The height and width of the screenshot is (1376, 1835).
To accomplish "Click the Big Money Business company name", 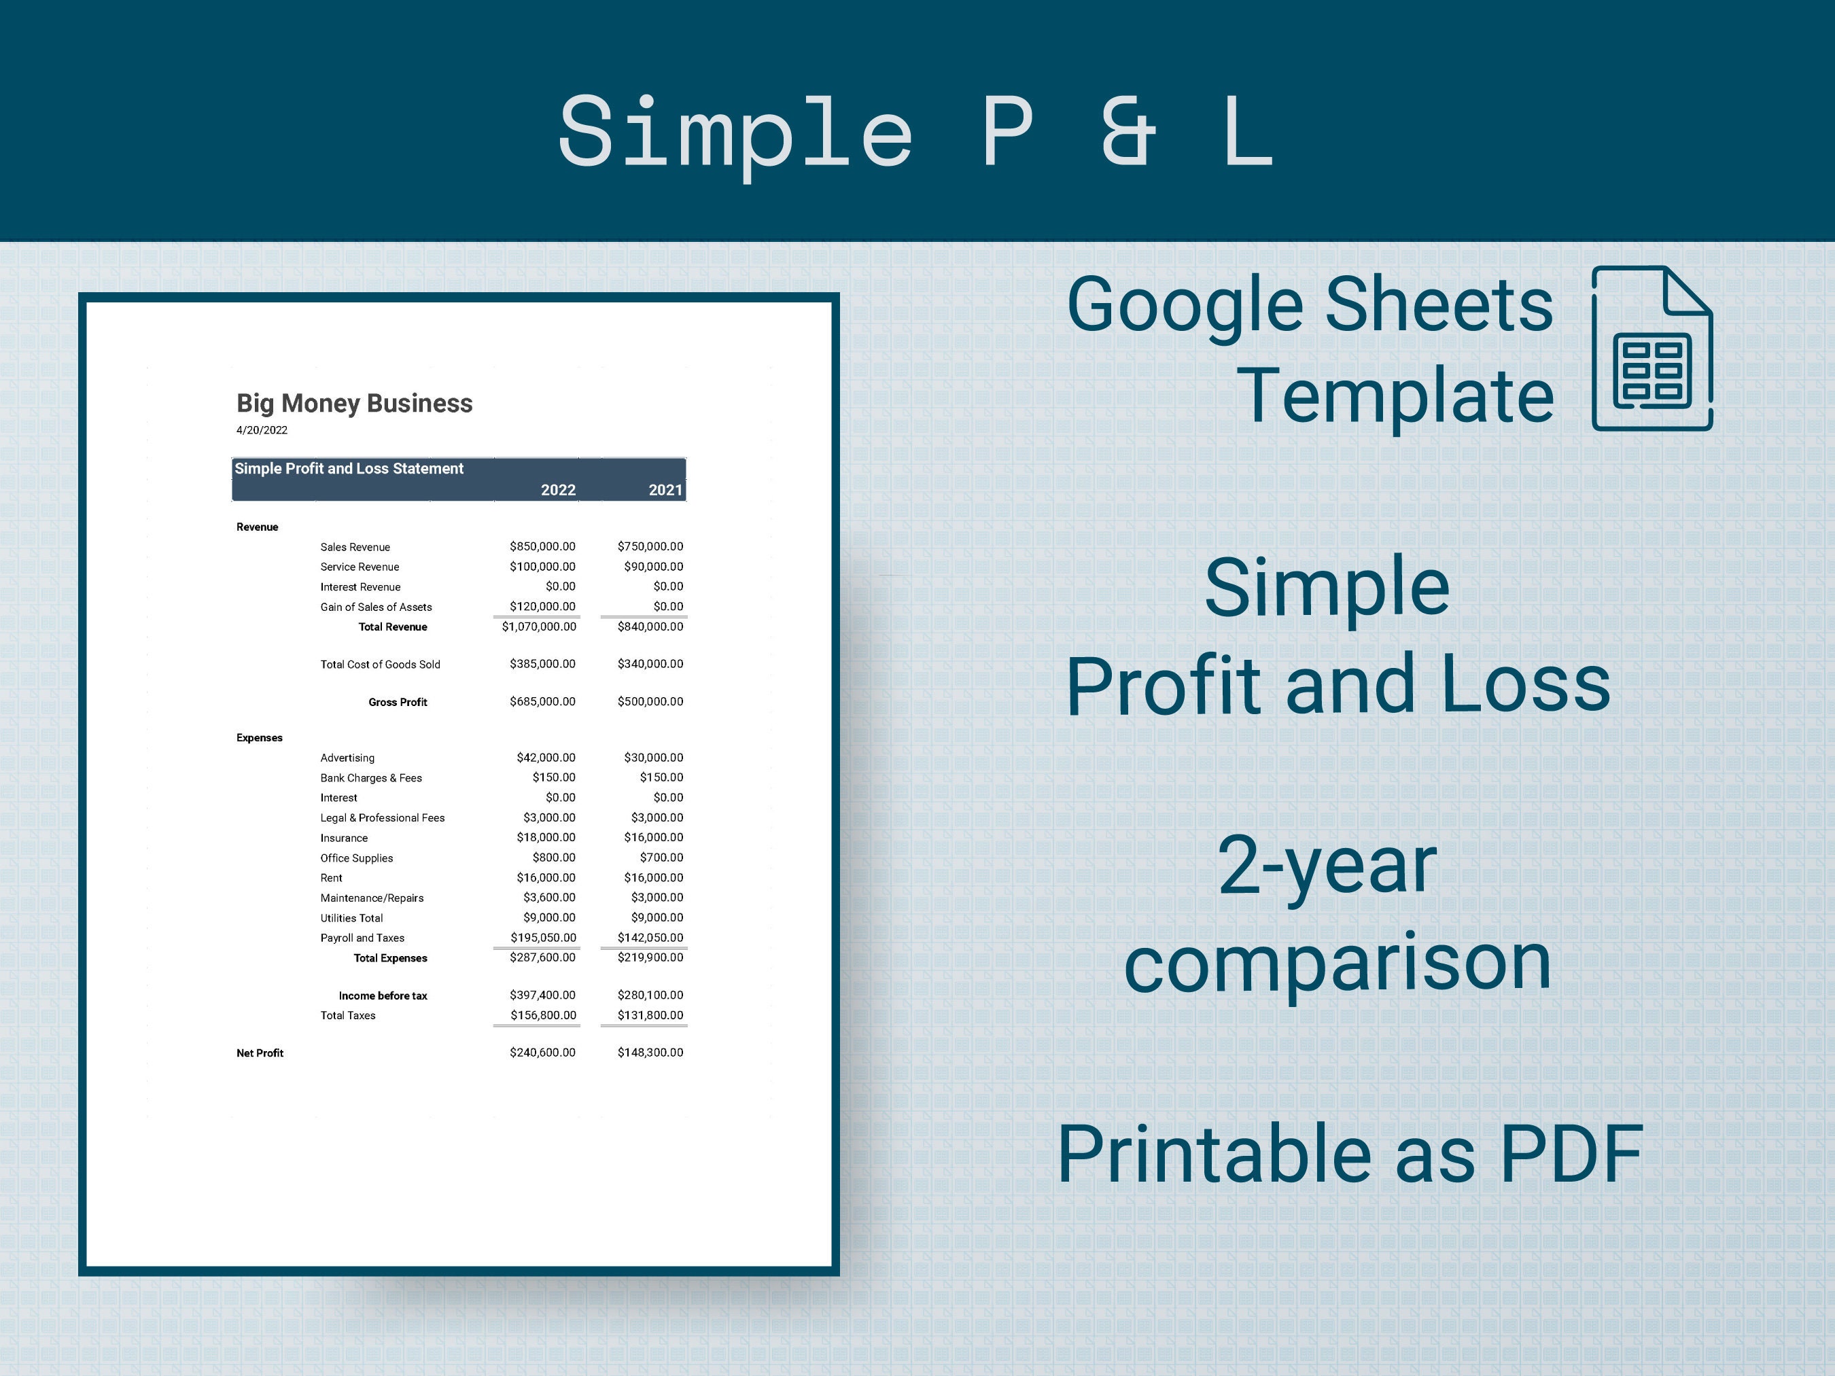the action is click(x=354, y=403).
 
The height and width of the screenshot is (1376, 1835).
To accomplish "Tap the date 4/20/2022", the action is click(x=262, y=429).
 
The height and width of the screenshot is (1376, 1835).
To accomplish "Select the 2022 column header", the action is click(x=558, y=490).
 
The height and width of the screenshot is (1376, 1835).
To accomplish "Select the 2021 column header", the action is click(x=665, y=490).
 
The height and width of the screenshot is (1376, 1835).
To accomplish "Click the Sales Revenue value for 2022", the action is click(x=542, y=546).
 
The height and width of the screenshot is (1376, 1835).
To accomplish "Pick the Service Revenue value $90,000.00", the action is click(x=654, y=567).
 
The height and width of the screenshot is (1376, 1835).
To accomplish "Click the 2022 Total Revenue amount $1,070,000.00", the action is click(x=539, y=627).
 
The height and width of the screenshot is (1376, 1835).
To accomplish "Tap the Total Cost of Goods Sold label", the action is click(x=380, y=665).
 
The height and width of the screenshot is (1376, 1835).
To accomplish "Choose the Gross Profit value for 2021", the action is click(x=650, y=702).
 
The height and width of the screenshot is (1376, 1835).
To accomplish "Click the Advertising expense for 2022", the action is click(x=546, y=757).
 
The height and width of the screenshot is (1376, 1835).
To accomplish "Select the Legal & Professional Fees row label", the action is click(x=383, y=818).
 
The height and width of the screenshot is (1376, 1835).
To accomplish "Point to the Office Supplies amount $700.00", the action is click(x=661, y=858).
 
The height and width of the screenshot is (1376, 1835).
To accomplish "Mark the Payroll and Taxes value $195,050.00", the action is click(x=544, y=937).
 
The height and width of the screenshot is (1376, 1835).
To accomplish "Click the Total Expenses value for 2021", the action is click(x=650, y=957).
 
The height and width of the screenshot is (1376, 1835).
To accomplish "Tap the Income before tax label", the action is click(x=383, y=995).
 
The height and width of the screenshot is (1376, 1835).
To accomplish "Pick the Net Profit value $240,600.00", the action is click(x=542, y=1053).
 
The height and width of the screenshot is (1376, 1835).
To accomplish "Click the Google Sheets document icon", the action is click(x=1652, y=349).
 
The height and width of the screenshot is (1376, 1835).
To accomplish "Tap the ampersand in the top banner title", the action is click(x=1129, y=131).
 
